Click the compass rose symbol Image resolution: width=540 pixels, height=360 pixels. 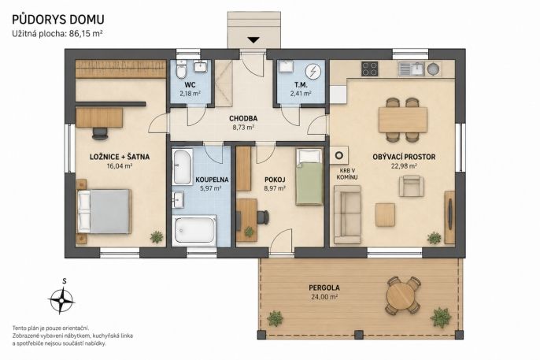(61, 300)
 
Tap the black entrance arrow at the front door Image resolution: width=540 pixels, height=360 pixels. (253, 39)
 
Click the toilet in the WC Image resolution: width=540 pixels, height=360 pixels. (181, 70)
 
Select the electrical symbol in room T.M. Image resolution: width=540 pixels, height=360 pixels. (313, 72)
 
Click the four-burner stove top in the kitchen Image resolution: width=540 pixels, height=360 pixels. (370, 69)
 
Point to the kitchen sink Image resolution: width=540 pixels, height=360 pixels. (412, 69)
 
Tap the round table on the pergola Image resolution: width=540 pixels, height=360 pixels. (403, 295)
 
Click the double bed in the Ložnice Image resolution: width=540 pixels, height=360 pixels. (104, 211)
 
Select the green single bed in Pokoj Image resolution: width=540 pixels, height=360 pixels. (309, 176)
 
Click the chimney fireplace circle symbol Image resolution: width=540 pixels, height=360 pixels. (338, 155)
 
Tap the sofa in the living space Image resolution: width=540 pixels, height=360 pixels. (347, 214)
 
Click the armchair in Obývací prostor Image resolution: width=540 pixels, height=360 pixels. (411, 186)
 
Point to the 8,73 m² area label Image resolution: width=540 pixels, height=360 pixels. (243, 127)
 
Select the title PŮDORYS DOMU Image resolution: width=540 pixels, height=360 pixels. (58, 19)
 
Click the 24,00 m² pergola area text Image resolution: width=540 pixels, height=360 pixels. (324, 297)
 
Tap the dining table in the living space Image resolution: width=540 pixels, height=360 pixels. (402, 120)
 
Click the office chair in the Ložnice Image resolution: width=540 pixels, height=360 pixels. (100, 133)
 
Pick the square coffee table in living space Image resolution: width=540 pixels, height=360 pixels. (385, 215)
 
